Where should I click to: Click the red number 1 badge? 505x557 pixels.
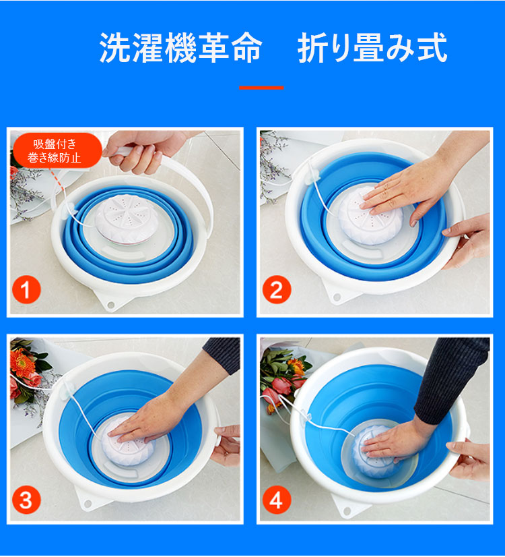point(26,289)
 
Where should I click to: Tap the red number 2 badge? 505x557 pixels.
point(277,289)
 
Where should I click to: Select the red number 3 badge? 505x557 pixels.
point(26,500)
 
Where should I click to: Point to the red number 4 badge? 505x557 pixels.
point(277,500)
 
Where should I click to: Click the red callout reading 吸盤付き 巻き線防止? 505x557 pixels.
point(56,150)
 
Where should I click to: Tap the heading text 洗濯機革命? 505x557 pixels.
point(181,48)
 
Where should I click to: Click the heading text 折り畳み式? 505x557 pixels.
point(372,48)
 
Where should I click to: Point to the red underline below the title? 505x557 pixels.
point(261,88)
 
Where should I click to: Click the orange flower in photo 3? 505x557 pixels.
point(23,363)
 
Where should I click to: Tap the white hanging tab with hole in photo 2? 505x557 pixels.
point(339,293)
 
